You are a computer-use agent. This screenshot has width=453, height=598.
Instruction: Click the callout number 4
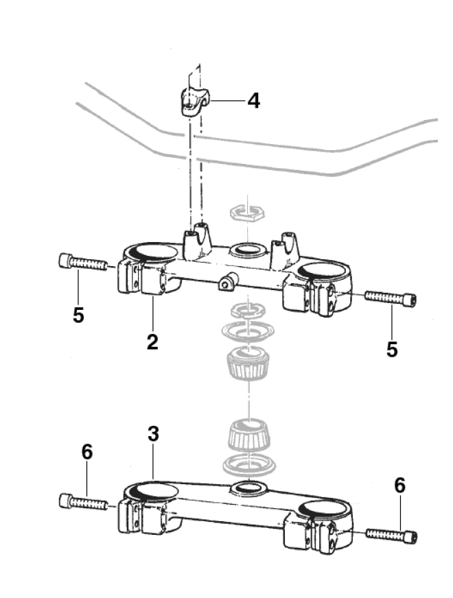point(253,101)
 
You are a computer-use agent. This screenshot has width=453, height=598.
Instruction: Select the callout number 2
point(152,342)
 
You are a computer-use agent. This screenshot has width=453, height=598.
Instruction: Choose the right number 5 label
point(392,348)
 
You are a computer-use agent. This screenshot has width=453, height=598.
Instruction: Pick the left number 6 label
point(86,452)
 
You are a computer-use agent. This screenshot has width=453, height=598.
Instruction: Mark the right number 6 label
point(400,485)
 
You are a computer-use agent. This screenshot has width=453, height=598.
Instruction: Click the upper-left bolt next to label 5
point(83,262)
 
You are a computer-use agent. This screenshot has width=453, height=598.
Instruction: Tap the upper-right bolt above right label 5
point(391,298)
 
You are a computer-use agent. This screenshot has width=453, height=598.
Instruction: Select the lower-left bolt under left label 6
point(84,502)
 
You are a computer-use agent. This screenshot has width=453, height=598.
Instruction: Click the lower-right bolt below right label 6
point(392,534)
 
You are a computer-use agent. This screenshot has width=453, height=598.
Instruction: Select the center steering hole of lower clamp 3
point(250,488)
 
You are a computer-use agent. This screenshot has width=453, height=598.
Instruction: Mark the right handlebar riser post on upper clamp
point(286,250)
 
